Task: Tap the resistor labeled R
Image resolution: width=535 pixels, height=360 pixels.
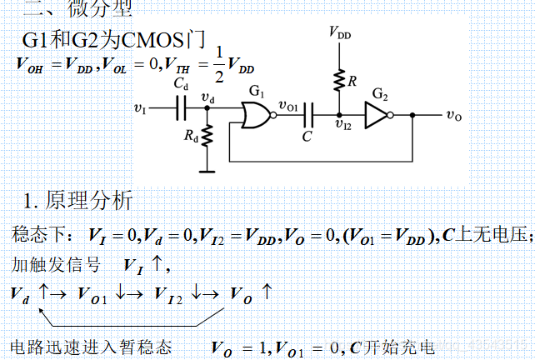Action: tap(339, 81)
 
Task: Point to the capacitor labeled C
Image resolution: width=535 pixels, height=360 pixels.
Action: tap(308, 112)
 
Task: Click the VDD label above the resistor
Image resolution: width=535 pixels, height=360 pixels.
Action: tap(339, 33)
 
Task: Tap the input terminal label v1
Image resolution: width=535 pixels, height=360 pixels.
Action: tap(139, 108)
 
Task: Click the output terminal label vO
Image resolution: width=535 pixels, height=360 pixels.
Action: tap(453, 116)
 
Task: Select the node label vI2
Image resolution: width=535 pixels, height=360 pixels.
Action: tap(342, 125)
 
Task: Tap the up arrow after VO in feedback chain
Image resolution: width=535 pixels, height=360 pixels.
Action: tap(267, 292)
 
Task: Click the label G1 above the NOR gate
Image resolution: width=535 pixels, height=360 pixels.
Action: tap(257, 91)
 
